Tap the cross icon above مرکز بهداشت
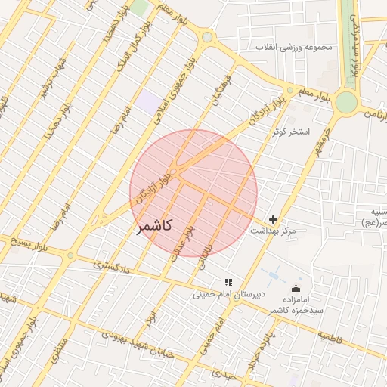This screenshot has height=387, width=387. click(x=273, y=219)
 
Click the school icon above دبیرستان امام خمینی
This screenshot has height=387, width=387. click(x=228, y=282)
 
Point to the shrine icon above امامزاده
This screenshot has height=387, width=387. click(x=296, y=288)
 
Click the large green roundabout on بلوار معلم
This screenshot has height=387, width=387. click(x=347, y=101)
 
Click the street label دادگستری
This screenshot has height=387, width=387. click(x=113, y=267)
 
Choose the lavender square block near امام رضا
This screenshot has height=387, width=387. click(x=148, y=101)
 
